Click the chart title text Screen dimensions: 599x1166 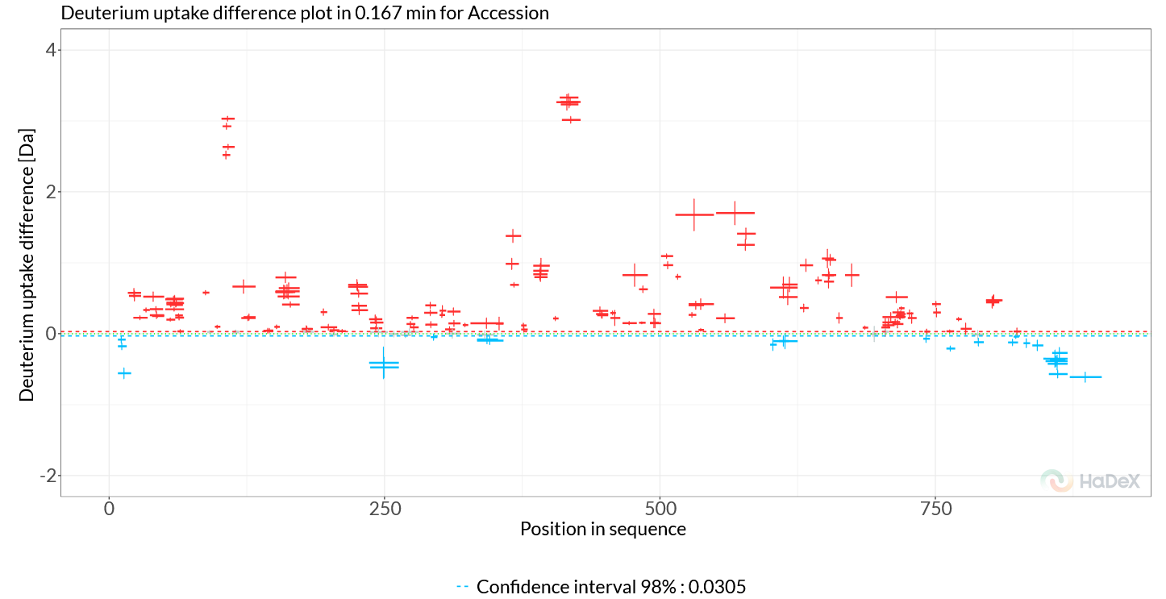pos(305,13)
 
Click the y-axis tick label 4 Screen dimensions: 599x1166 pos(51,50)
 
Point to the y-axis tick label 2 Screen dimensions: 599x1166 pos(51,192)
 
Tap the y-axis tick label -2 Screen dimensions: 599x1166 pos(48,476)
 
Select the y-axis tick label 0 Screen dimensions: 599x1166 pos(51,334)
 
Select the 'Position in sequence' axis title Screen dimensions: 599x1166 pos(603,530)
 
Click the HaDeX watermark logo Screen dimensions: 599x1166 pos(1090,480)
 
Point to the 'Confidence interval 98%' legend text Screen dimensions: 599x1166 pos(611,587)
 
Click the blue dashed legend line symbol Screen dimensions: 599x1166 pos(463,587)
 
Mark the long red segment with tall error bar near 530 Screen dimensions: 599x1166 pos(694,214)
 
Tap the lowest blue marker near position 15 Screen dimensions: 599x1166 pos(124,372)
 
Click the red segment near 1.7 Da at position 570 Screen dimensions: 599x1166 pos(735,213)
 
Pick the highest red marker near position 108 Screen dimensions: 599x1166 pos(228,119)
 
